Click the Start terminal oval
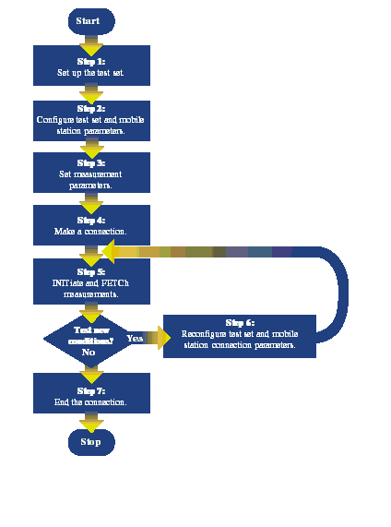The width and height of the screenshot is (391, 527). tap(91, 20)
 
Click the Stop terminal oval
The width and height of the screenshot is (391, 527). tap(91, 442)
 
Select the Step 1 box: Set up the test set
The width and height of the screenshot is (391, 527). tap(91, 66)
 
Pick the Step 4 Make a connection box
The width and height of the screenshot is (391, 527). tap(91, 224)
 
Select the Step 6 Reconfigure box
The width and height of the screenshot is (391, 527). tap(238, 336)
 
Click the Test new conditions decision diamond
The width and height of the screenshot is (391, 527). tap(89, 339)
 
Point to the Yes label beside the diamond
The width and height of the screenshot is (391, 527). tap(135, 339)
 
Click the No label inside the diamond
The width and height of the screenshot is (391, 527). tap(89, 352)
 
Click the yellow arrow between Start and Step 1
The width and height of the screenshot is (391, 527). tap(91, 42)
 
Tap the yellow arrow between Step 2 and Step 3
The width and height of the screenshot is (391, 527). tap(91, 146)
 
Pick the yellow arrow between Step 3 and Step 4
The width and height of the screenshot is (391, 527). tap(91, 199)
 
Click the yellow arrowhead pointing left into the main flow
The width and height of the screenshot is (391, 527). tap(108, 251)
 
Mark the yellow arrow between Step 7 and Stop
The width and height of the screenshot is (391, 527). tap(91, 421)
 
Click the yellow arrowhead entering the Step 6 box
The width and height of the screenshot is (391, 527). tap(164, 340)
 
